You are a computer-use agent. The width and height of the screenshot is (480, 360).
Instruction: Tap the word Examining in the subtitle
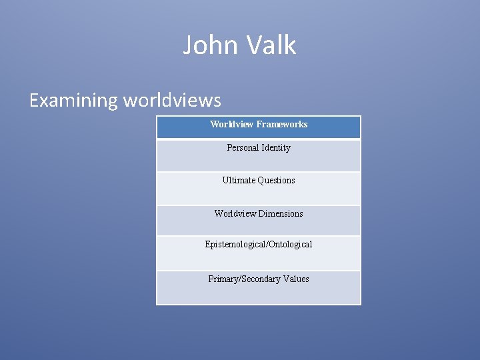coord(73,100)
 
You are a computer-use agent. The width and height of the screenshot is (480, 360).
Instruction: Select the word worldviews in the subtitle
coord(171,100)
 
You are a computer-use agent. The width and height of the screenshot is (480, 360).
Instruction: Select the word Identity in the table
coord(277,147)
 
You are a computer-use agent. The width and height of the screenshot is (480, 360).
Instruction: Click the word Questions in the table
coord(277,180)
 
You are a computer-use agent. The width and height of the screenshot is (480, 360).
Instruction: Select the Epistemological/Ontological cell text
coord(259,244)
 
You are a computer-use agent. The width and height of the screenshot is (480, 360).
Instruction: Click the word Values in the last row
coord(295,279)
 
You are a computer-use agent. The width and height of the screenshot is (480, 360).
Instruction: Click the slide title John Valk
coord(239,45)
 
